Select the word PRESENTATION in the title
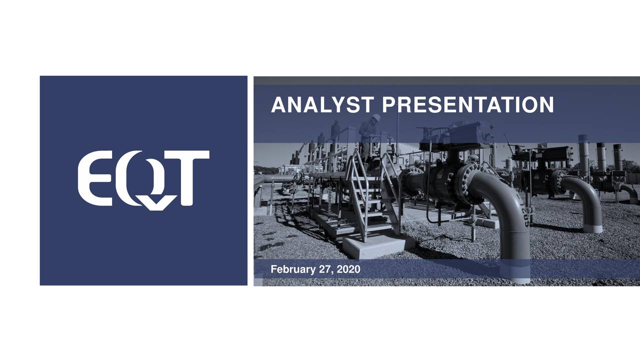point(467,105)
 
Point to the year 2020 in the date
point(348,269)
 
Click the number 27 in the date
point(324,269)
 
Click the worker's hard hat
point(376,117)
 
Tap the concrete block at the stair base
point(378,244)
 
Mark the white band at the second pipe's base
point(592,228)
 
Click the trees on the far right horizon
point(631,166)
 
